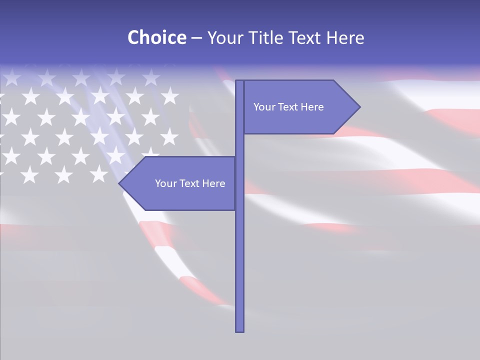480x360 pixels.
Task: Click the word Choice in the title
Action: click(156, 37)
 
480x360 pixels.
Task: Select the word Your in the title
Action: click(223, 37)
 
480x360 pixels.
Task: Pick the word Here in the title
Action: click(345, 37)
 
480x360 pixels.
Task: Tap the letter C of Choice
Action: click(133, 37)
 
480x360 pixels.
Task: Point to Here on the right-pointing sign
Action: click(312, 107)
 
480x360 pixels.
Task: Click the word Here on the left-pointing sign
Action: click(213, 183)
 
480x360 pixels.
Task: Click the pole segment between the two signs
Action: click(239, 145)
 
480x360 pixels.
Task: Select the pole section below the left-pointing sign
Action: click(239, 270)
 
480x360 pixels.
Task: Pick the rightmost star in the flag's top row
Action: click(150, 76)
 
